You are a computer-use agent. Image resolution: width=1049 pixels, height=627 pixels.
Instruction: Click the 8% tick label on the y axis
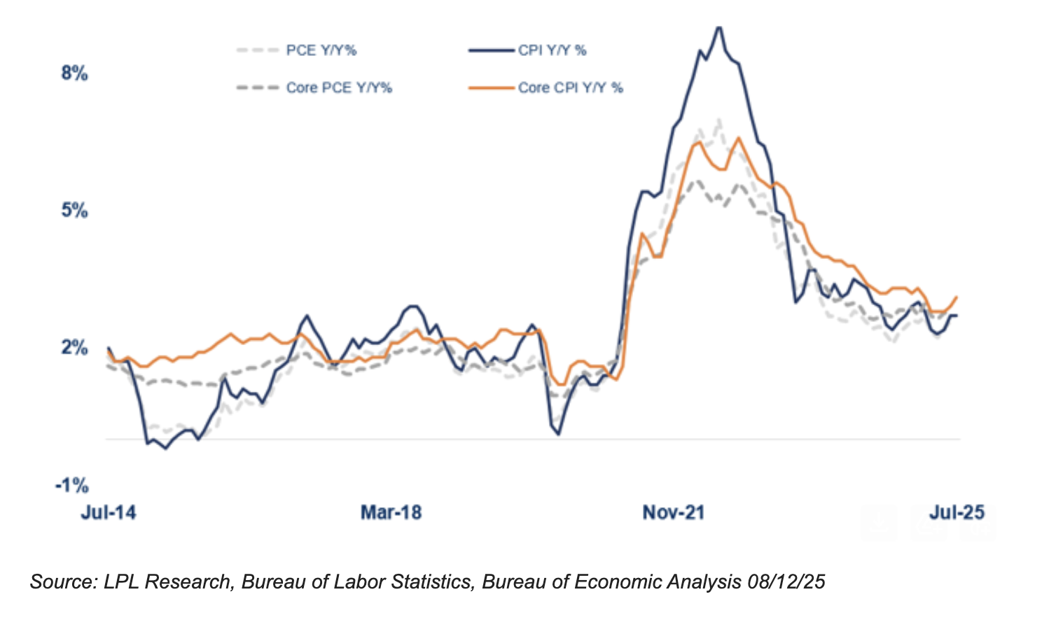point(74,73)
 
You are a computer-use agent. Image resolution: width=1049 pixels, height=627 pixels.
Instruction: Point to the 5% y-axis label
point(74,210)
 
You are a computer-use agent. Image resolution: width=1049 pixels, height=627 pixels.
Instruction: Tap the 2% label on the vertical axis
point(74,347)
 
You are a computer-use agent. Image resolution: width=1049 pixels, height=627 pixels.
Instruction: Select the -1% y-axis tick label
point(71,485)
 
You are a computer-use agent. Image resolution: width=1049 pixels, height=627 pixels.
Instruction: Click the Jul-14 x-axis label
point(109,513)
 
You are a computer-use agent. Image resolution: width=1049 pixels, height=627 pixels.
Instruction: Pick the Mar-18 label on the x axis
point(391,513)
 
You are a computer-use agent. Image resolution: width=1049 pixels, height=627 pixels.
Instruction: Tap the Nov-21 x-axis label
point(673,513)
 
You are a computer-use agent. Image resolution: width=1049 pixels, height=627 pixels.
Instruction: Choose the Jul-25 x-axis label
point(957,513)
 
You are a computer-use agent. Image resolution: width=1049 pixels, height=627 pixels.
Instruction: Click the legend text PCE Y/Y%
point(321,50)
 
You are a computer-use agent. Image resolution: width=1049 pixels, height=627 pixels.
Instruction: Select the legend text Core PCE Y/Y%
point(339,87)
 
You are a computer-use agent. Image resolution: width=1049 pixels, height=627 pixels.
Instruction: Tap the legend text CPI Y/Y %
point(553,50)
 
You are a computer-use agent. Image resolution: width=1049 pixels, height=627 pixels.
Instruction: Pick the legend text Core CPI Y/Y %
point(571,87)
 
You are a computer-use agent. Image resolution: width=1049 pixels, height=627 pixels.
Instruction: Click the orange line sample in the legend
point(492,87)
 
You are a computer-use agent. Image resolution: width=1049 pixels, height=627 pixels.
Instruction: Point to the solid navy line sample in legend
point(492,50)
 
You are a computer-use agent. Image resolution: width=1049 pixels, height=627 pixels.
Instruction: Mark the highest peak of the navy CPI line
point(718,27)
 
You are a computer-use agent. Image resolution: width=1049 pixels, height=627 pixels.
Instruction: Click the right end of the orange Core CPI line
point(957,297)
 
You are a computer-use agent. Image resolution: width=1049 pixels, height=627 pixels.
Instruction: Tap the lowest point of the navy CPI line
point(165,448)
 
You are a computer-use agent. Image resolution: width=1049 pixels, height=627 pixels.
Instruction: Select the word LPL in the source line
point(120,582)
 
